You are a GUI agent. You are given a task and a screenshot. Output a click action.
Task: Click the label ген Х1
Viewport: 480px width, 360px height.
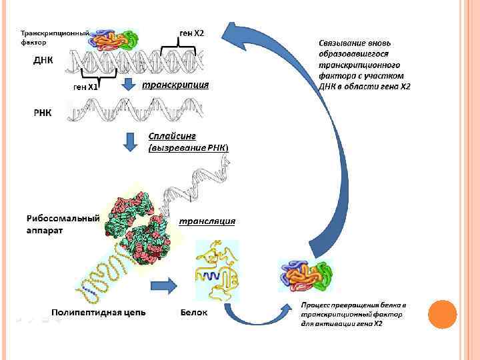point(85,87)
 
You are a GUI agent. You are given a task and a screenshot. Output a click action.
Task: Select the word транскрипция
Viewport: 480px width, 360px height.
point(176,85)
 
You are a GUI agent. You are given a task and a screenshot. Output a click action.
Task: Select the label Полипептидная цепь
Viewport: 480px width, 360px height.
point(99,312)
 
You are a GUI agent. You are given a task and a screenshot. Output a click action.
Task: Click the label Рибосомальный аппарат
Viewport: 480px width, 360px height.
point(63,223)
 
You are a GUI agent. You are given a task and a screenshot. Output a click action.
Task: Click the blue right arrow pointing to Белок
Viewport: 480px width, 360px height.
point(163,286)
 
